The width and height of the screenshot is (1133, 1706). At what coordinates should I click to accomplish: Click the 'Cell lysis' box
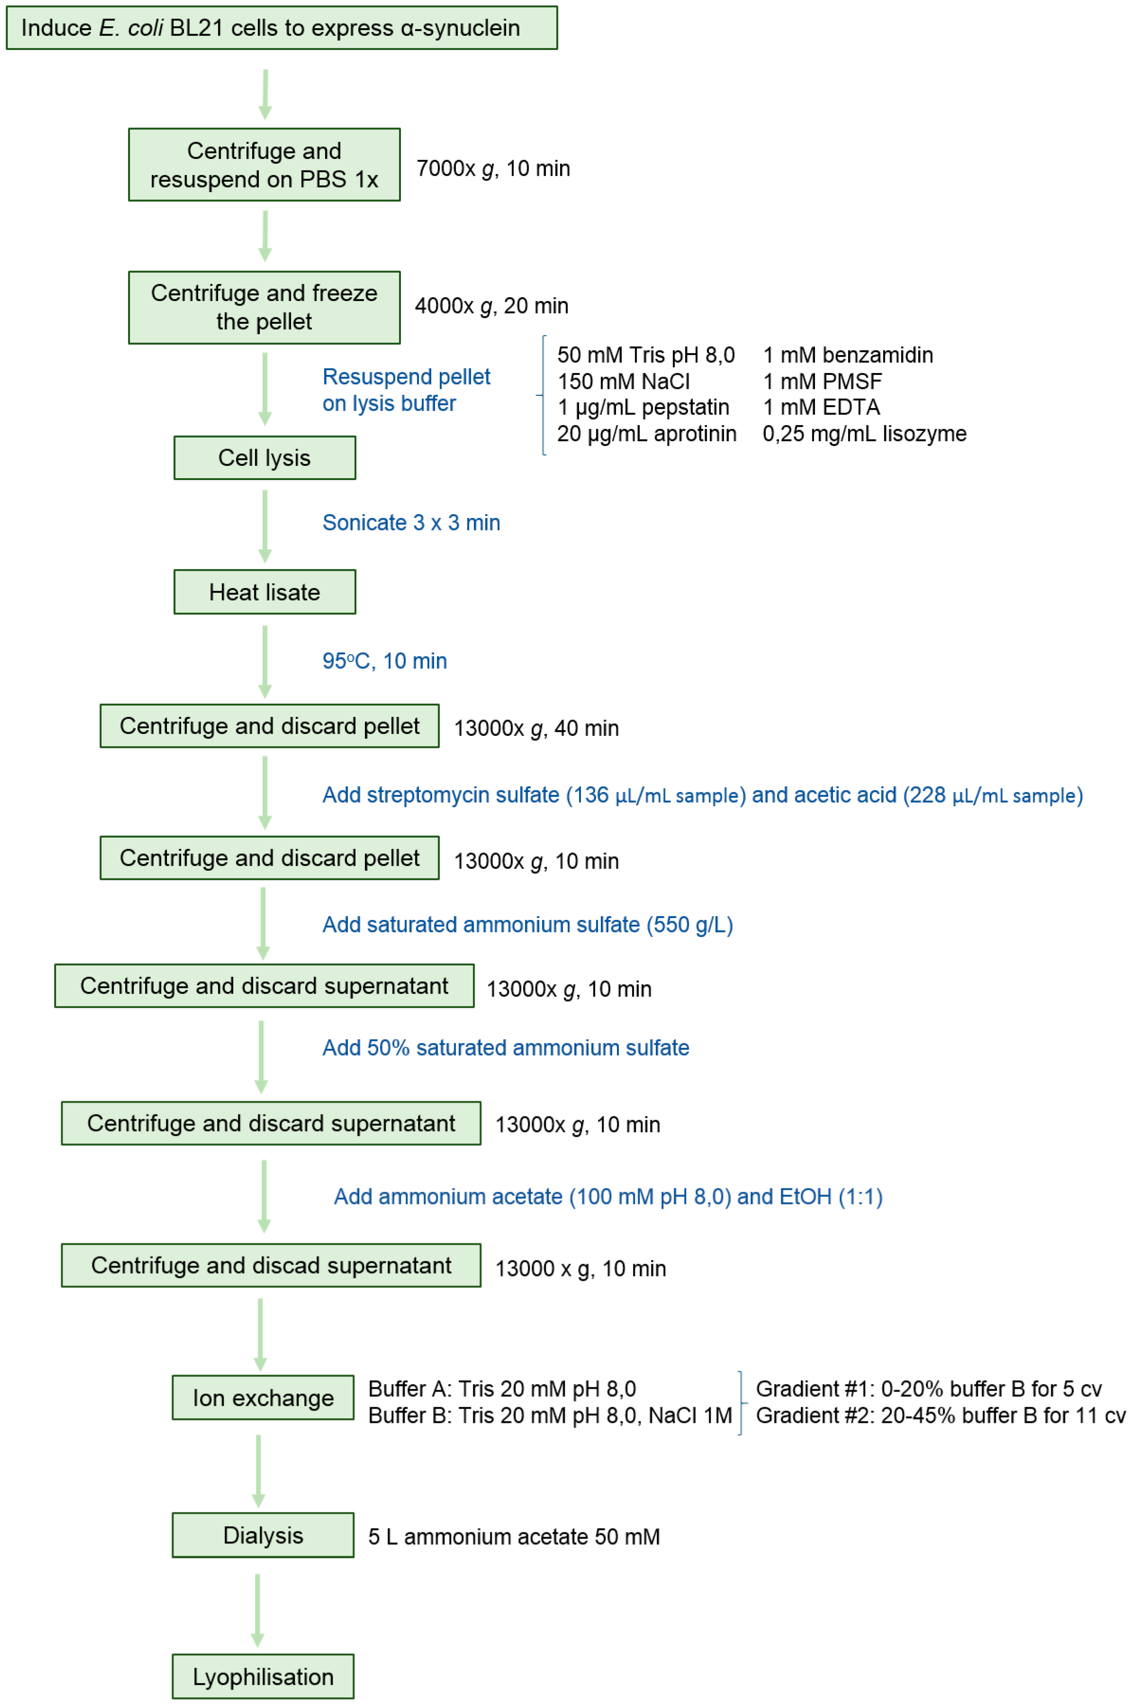(265, 458)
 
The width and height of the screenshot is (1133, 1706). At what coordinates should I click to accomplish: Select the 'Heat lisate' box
(265, 592)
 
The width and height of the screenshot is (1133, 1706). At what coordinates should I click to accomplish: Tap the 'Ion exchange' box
(263, 1397)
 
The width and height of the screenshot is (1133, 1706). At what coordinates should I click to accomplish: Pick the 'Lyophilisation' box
(263, 1676)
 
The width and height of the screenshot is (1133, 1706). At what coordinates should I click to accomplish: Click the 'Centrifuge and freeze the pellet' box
(265, 307)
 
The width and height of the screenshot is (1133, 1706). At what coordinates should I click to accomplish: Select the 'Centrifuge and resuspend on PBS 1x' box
(265, 165)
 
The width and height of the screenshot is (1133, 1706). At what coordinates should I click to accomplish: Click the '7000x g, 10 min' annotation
(493, 168)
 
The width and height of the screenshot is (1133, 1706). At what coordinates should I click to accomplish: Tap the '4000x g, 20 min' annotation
(491, 306)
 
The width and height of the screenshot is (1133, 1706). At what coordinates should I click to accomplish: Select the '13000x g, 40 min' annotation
(536, 728)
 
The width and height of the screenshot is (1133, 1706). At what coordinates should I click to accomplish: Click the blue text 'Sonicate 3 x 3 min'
(411, 523)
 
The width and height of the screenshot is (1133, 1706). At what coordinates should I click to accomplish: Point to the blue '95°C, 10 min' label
(384, 661)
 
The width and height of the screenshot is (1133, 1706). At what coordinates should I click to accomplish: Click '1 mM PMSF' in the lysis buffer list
(822, 381)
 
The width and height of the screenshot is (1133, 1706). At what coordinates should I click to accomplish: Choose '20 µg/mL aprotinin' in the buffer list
(647, 434)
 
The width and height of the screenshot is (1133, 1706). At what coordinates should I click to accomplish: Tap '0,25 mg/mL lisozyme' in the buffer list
(864, 434)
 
